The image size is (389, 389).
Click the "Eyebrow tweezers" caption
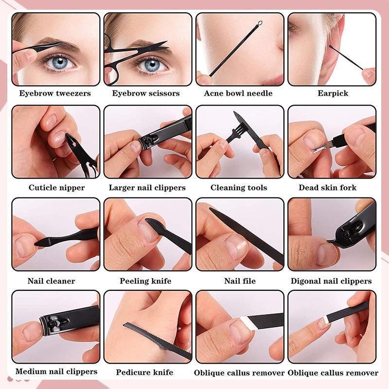coord(55,93)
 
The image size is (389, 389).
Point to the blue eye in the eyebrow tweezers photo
coord(61,62)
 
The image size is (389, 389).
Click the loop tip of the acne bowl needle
coord(260,23)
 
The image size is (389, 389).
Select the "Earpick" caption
coord(333,93)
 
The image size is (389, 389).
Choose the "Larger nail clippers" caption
coord(147,188)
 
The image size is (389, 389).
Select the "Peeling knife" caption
coord(145,281)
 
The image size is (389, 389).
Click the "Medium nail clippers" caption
coord(56,372)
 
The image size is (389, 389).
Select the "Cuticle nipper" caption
coord(56,188)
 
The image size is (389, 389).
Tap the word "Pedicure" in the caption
coord(131,373)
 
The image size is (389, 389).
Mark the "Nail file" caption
coord(240,281)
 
